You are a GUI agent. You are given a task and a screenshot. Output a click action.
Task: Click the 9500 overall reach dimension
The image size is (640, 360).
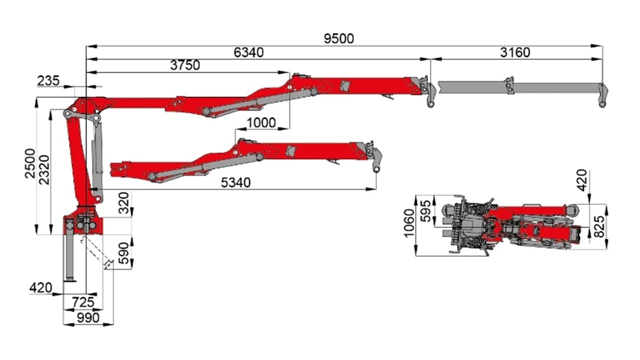click(x=339, y=38)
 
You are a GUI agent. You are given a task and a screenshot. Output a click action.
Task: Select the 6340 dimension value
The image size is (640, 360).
click(x=248, y=52)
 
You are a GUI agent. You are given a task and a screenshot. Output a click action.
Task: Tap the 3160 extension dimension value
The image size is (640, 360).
click(x=515, y=52)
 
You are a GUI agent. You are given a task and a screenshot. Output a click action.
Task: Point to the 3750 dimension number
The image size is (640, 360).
click(x=185, y=65)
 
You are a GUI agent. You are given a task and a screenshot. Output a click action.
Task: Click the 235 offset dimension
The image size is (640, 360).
click(x=48, y=81)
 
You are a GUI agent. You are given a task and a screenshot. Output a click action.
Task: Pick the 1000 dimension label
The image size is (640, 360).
click(x=261, y=123)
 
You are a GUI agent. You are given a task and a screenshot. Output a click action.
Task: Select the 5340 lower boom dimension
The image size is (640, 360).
click(x=235, y=182)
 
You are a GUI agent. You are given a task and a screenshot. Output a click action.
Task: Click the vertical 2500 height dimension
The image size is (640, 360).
click(x=30, y=163)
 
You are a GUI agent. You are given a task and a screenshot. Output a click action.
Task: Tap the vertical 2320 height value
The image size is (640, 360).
click(x=44, y=169)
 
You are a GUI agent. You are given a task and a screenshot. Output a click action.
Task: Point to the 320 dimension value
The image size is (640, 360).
click(x=124, y=203)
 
